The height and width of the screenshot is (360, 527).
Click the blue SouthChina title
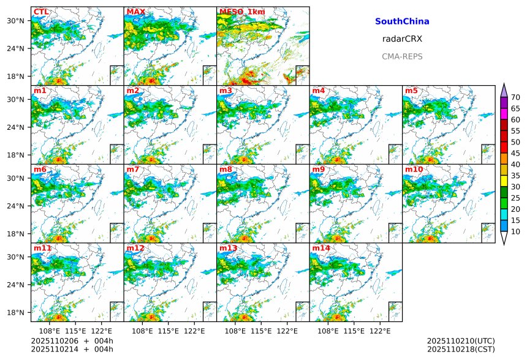point(402,21)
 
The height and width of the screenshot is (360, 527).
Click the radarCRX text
point(402,39)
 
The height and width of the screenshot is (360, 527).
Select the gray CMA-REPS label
point(402,56)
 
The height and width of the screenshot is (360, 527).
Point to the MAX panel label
point(135,12)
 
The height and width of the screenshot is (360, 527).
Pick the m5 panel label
point(411,91)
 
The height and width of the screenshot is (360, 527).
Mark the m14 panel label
point(321,248)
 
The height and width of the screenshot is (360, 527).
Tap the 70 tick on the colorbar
point(515,97)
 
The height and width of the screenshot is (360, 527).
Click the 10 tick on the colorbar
point(515,231)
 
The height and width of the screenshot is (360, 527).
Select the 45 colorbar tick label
point(515,153)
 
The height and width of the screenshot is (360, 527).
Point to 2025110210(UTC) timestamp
point(460,341)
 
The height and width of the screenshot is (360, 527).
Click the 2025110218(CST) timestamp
point(460,349)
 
